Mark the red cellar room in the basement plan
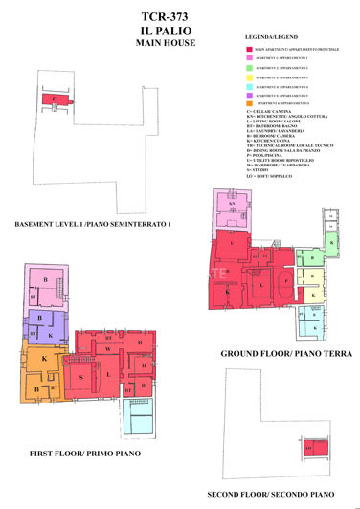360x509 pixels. point(56,99)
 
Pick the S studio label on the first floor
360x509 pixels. point(81,378)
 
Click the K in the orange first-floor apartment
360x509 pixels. point(44,357)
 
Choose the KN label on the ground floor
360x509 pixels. point(232,204)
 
